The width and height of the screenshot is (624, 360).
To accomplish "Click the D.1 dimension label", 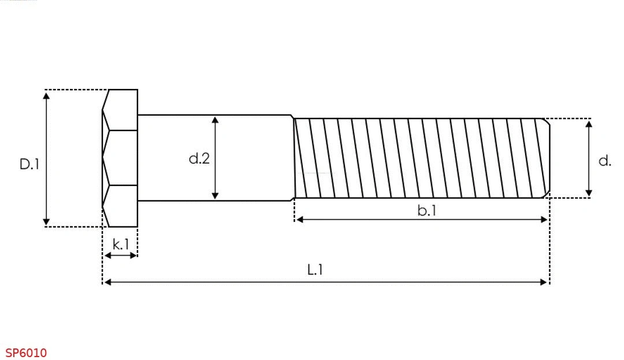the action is [x=29, y=164].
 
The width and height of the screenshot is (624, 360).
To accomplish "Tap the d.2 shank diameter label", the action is [x=199, y=158].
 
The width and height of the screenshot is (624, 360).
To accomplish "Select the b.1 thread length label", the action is [x=426, y=210].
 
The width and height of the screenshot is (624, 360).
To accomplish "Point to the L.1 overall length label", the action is [x=315, y=270].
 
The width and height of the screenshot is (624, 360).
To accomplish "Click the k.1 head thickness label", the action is [x=121, y=244].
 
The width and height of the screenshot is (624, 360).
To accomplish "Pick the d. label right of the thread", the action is [x=604, y=161].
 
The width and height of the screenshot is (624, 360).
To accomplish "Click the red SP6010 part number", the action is [x=26, y=353].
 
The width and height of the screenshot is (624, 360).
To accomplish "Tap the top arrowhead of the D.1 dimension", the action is [x=47, y=95].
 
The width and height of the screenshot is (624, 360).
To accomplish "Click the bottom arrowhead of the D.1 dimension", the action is [x=47, y=221].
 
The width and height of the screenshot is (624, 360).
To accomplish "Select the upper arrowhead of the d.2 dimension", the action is [x=215, y=120].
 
